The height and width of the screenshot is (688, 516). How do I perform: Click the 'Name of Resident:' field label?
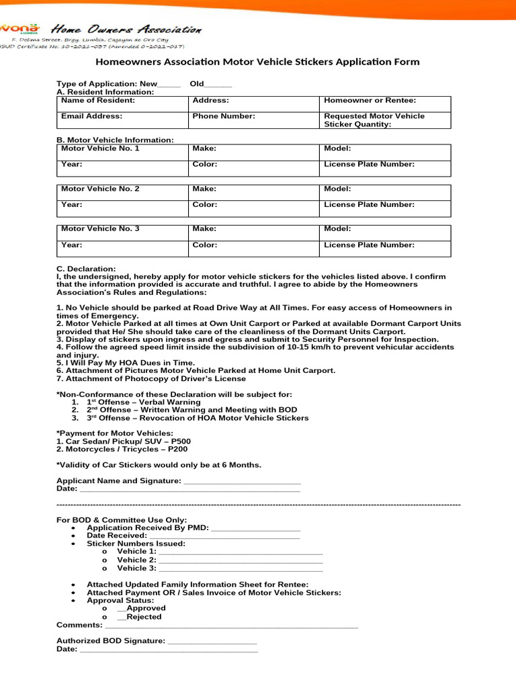[97, 100]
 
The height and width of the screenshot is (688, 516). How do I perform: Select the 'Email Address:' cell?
[91, 116]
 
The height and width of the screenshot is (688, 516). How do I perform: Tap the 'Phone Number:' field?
[224, 116]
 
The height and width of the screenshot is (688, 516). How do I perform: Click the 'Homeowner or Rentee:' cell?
[370, 100]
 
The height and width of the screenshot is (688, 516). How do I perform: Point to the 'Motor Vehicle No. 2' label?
[100, 189]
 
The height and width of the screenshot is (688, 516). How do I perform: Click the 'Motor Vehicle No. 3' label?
[100, 228]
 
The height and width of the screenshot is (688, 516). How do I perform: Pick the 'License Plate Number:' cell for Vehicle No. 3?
[369, 245]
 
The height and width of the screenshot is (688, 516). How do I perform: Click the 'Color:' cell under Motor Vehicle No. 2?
[205, 205]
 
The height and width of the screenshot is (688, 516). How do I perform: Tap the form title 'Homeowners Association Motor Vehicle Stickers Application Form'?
[258, 62]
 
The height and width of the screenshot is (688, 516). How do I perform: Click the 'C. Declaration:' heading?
[86, 268]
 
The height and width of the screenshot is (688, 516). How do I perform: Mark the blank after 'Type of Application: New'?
[169, 84]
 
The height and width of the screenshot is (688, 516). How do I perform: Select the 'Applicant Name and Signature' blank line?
[242, 481]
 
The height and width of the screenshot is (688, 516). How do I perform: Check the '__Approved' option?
[141, 608]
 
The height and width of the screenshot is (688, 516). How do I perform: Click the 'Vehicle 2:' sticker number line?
[240, 560]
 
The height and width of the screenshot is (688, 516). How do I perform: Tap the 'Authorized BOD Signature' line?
[212, 641]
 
